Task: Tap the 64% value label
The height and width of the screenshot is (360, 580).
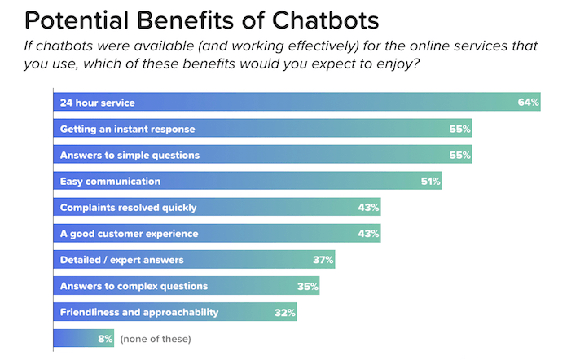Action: [529, 103]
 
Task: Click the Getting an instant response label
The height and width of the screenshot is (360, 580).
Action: [127, 129]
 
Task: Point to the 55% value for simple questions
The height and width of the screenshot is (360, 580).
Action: [460, 155]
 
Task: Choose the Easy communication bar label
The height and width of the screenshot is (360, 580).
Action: [110, 181]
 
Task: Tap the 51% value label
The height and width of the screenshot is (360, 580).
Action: [430, 181]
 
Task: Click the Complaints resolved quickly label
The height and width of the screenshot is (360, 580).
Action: [128, 207]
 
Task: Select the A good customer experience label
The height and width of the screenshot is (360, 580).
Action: [130, 234]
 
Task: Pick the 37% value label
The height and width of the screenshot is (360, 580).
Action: [323, 260]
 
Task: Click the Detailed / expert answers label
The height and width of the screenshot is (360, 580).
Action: [121, 260]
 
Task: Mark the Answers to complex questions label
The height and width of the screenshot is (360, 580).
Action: [134, 286]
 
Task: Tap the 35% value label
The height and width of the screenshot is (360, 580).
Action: [308, 286]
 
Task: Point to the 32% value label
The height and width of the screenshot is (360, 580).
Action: [284, 312]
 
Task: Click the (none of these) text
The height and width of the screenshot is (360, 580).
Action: [155, 338]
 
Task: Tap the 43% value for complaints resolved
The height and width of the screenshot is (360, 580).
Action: [369, 207]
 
